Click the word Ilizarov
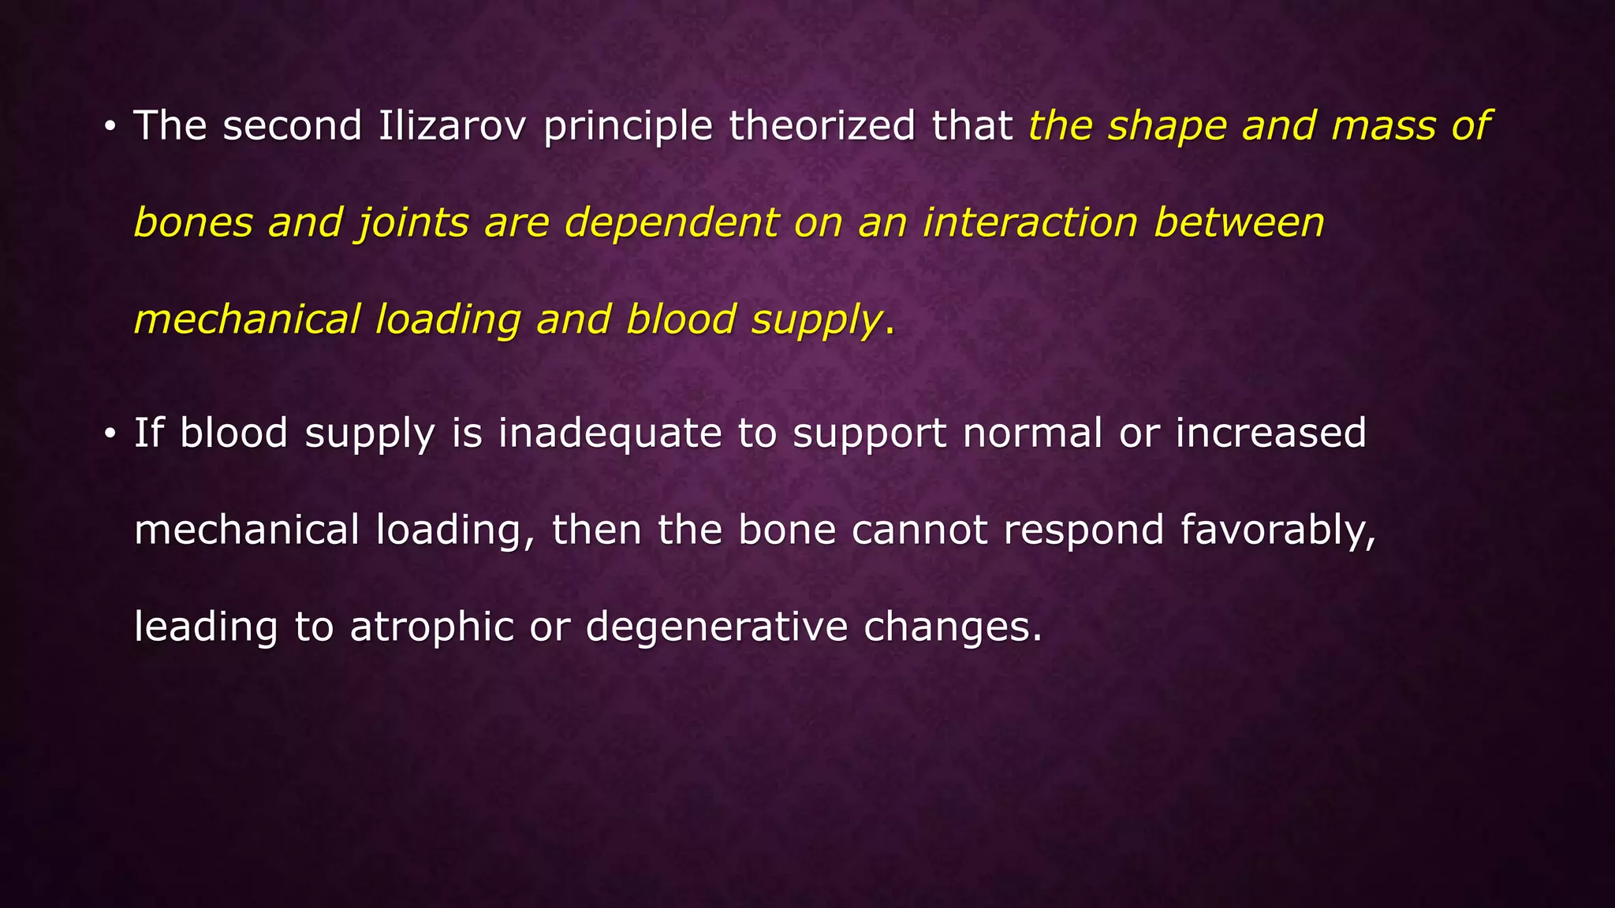point(452,126)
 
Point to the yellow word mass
point(1383,126)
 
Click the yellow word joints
point(413,223)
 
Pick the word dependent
point(672,223)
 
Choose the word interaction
point(1030,223)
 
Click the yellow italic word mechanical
point(247,320)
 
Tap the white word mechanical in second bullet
point(247,530)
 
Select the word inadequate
point(610,433)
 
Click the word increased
point(1270,433)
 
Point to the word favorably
point(1277,530)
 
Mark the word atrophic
point(432,627)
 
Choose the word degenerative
point(716,627)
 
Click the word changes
point(953,627)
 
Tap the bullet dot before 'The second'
point(110,126)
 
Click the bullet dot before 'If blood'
point(110,433)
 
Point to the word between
point(1239,223)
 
